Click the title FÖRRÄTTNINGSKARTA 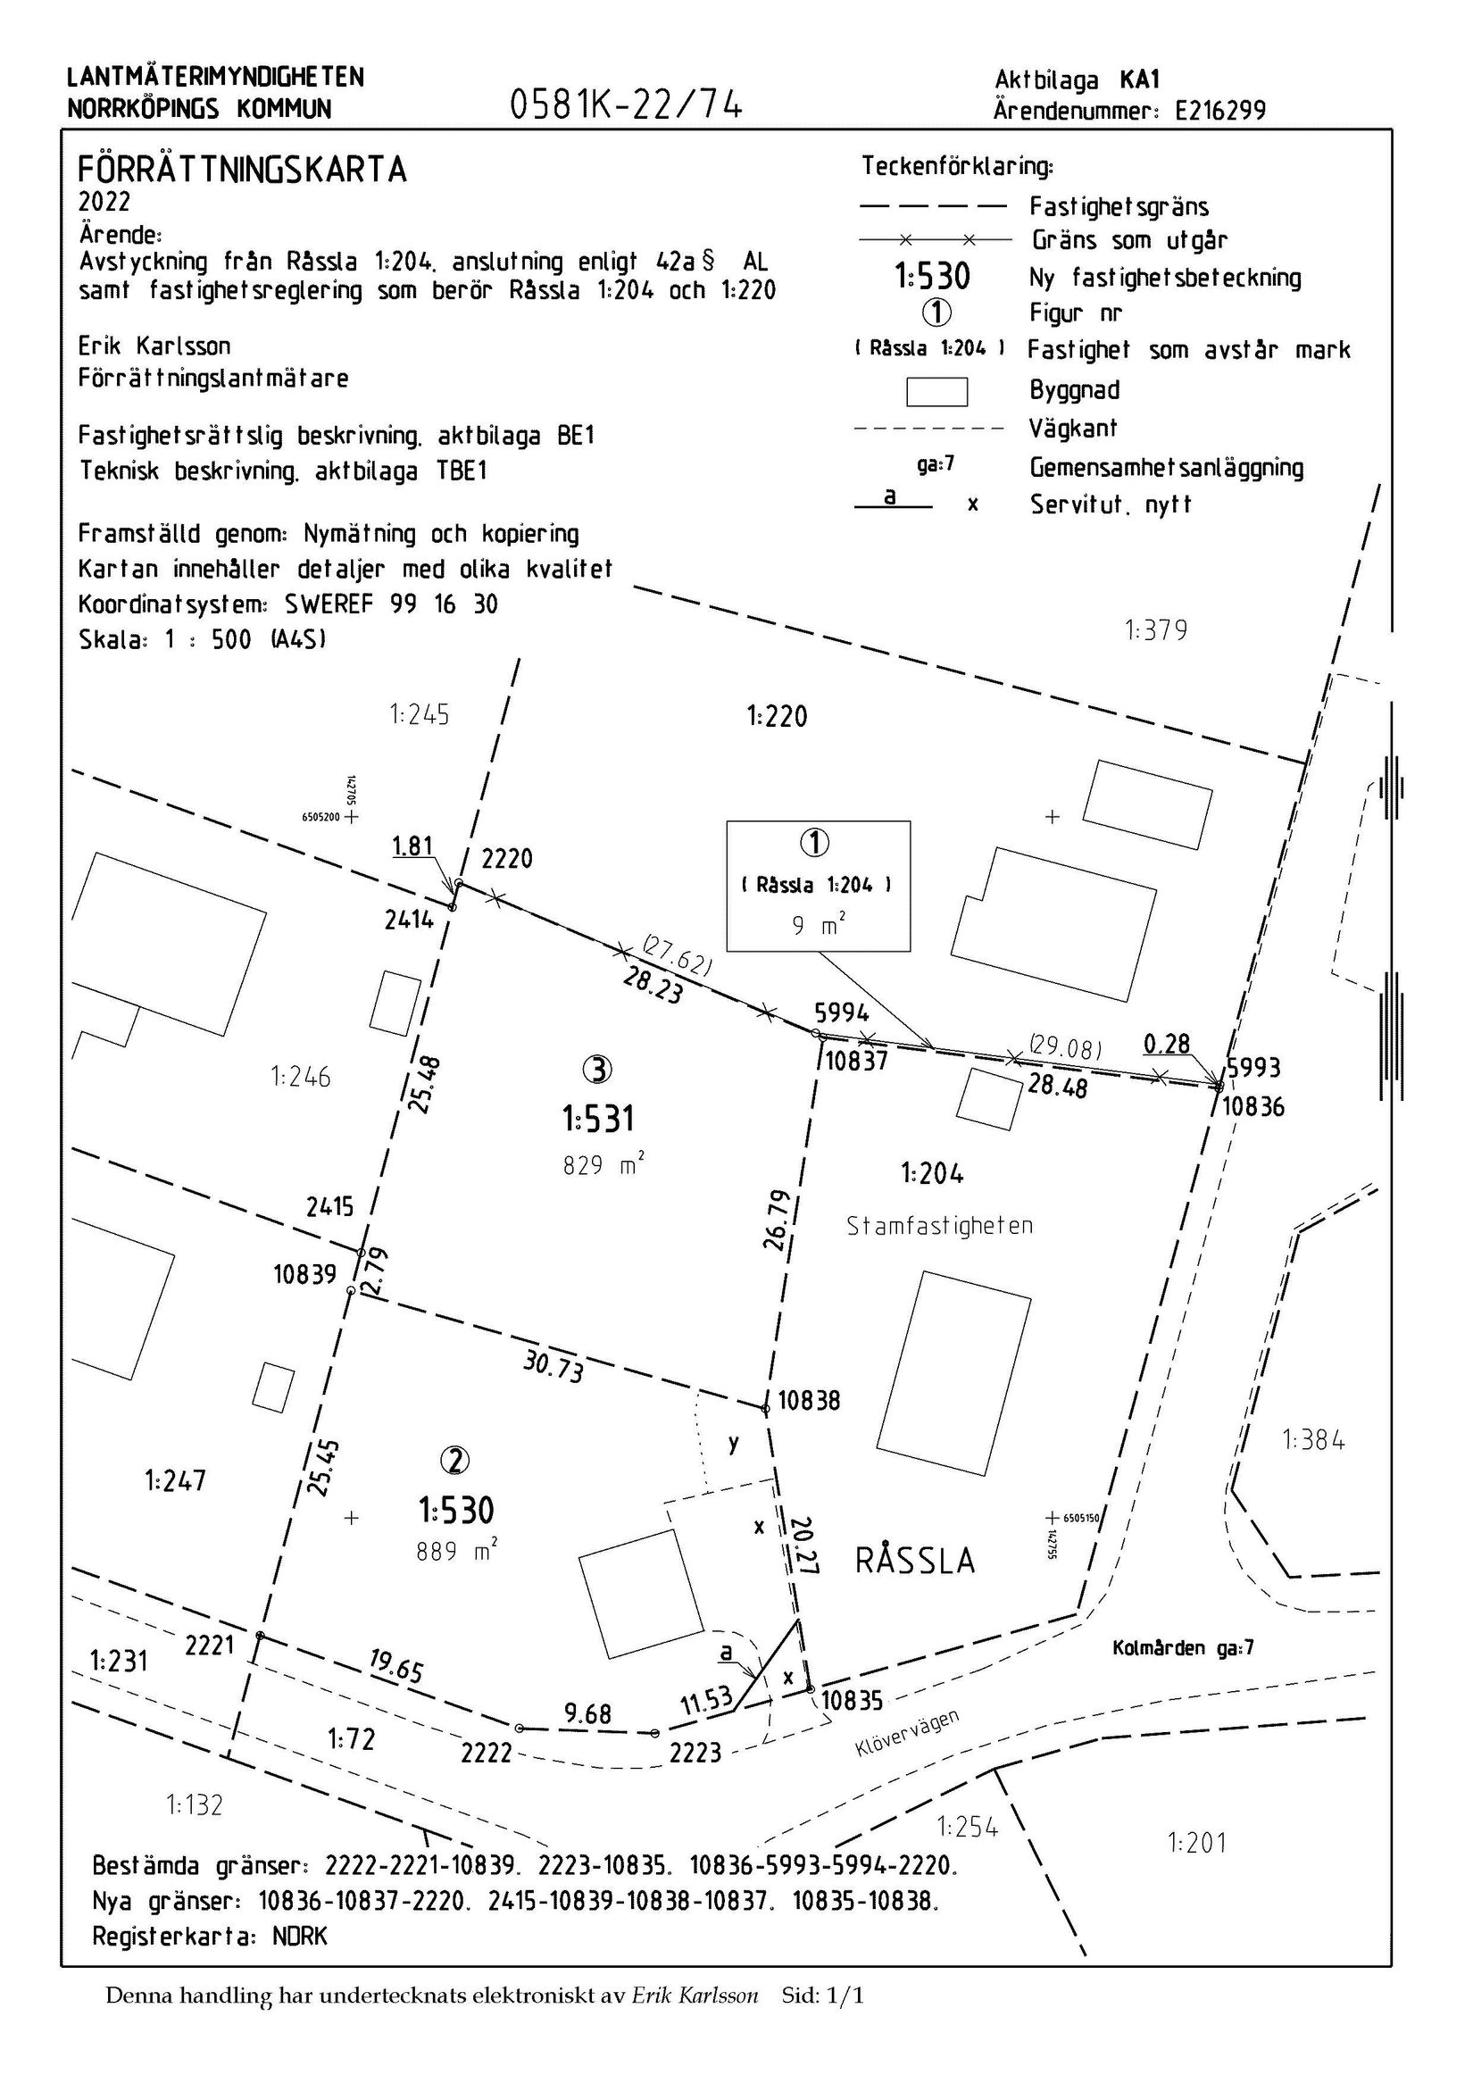[x=242, y=170]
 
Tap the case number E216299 [x=1220, y=111]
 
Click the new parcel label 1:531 [x=598, y=1119]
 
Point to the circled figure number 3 [x=597, y=1071]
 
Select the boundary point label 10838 [x=809, y=1401]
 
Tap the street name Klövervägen [x=907, y=1734]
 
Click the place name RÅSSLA [x=914, y=1562]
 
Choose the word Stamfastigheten [x=940, y=1226]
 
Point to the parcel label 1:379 [x=1155, y=629]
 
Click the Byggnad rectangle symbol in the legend [x=937, y=391]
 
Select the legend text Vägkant [x=1073, y=429]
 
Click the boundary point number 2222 [x=487, y=1753]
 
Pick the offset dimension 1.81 [x=412, y=846]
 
